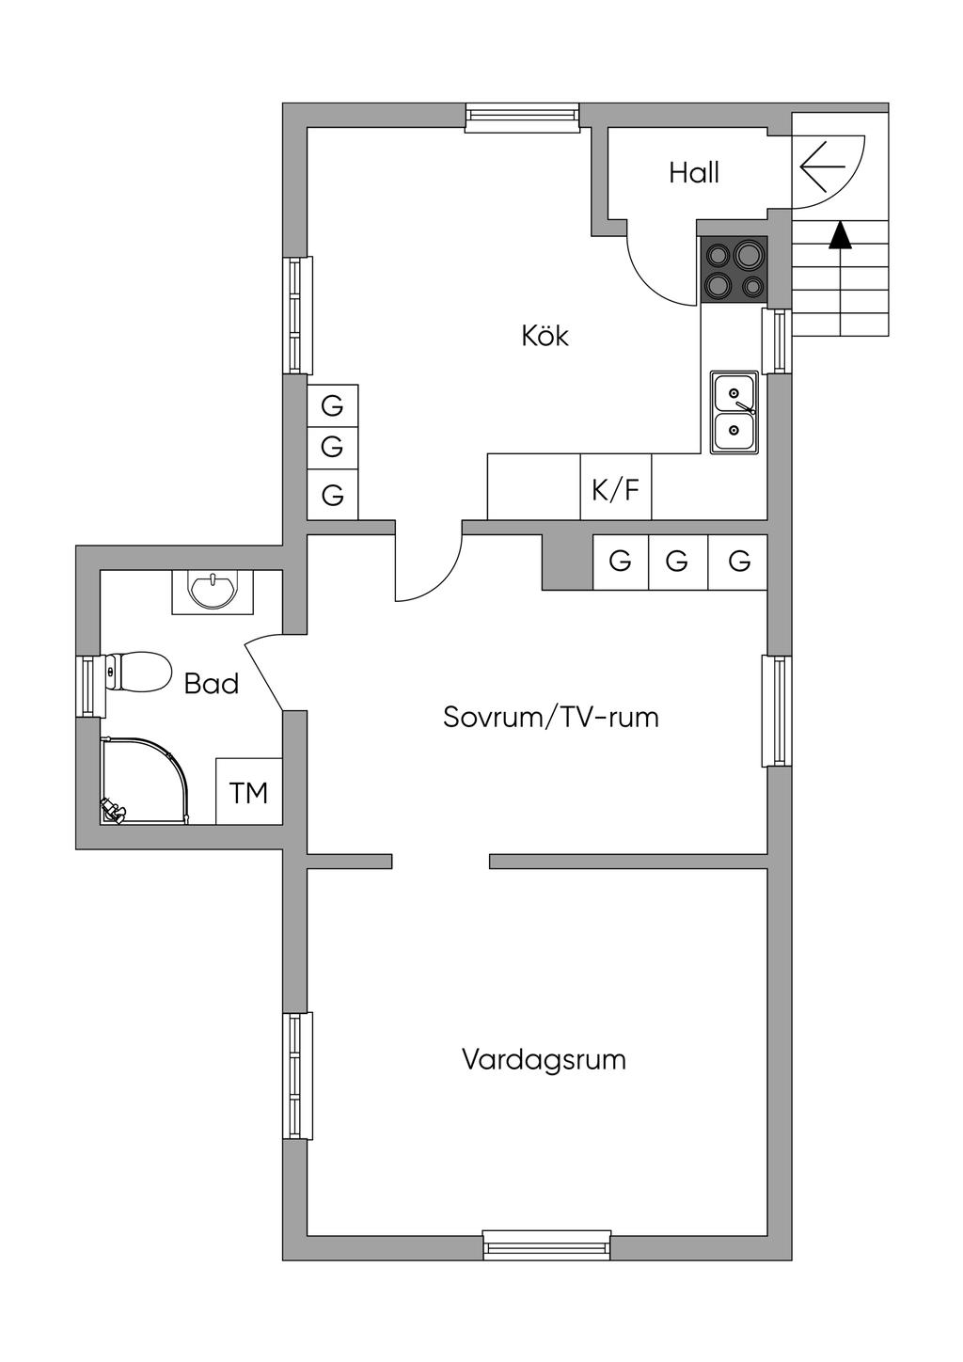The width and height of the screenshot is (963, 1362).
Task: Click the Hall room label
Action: pos(694,173)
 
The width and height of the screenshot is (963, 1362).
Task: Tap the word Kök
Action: pos(545,336)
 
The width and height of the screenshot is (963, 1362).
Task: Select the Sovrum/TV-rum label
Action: pos(550,718)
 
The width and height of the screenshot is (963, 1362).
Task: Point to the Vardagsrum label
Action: pos(544,1060)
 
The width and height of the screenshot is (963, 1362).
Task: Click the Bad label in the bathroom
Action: pos(212,684)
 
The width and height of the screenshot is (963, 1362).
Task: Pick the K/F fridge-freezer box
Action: pos(616,488)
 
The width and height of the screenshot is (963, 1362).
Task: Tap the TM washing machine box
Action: pos(249,793)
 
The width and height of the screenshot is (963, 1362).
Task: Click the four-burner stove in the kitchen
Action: pos(734,269)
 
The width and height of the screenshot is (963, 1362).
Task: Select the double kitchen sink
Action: pos(734,412)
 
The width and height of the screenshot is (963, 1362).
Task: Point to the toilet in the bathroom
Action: pos(137,672)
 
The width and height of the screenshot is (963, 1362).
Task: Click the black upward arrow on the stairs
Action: pos(840,235)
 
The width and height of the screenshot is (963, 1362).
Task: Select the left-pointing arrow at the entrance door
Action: pos(824,166)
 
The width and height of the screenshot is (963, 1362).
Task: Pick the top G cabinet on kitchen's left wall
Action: pos(332,407)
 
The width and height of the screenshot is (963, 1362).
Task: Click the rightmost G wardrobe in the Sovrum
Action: pos(739,562)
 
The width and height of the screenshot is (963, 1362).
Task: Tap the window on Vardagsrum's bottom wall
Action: pos(546,1246)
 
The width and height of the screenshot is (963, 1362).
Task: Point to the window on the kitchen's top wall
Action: pos(523,115)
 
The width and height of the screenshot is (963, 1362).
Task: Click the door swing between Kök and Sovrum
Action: pos(429,564)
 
